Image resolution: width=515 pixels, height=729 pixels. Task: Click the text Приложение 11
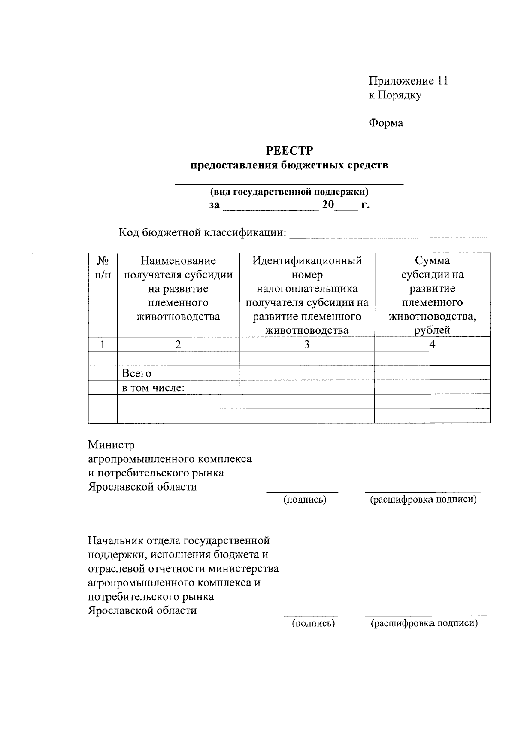point(408,81)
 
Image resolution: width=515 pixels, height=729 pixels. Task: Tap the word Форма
point(386,123)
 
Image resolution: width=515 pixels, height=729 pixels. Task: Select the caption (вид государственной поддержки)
point(289,192)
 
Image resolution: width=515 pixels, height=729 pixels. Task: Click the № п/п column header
point(103,268)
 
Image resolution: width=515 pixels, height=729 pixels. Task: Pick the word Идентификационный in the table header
point(307,261)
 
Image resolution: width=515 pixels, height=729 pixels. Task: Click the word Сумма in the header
point(432,261)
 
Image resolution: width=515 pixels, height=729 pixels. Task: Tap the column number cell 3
point(306,344)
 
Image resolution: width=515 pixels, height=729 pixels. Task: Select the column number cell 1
point(102,344)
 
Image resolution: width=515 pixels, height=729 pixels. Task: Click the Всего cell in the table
point(137,374)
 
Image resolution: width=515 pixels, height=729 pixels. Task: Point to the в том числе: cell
point(153,388)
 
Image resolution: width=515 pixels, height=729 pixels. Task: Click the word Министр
point(111,445)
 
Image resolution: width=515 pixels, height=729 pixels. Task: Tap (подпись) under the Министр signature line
point(305,500)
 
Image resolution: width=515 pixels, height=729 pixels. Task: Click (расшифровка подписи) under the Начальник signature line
point(424,623)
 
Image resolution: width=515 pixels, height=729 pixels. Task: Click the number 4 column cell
point(432,344)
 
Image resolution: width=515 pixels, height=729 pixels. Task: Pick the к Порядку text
point(395,95)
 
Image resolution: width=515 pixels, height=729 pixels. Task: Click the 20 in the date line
point(328,205)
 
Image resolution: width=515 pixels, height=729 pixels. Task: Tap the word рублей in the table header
point(432,330)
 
